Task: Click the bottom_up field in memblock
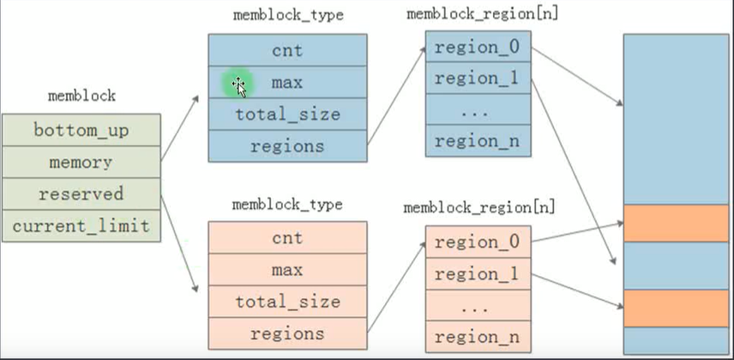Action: [81, 130]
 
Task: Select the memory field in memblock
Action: [81, 162]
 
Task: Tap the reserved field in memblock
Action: [81, 194]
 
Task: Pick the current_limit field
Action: [81, 225]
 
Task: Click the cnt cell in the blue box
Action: [287, 50]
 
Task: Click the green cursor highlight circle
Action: [238, 84]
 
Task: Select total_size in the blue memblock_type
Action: [287, 114]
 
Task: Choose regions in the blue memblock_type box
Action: [287, 146]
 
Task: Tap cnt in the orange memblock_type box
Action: [287, 237]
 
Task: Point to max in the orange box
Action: [287, 270]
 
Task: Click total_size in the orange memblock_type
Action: [287, 302]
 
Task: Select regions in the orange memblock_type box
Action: [287, 333]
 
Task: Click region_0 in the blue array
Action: [478, 46]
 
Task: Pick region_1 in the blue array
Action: [478, 78]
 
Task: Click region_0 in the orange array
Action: [478, 242]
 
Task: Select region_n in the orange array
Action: [478, 337]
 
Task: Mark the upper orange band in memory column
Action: [676, 223]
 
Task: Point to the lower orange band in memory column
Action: [676, 308]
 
